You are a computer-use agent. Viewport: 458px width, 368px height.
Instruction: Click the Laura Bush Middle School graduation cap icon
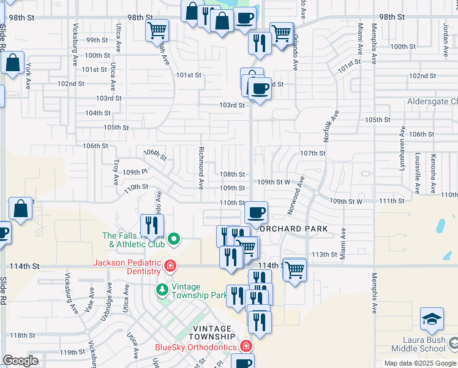pos(432,320)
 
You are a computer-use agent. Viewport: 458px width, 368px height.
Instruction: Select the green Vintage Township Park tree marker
pos(162,289)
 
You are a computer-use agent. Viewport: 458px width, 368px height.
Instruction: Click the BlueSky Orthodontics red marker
pos(246,347)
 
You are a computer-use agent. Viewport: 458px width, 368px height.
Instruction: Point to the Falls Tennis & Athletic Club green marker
pos(173,239)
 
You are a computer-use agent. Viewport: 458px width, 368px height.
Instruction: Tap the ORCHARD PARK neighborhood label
pos(293,229)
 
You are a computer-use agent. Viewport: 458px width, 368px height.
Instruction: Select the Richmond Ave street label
pos(200,167)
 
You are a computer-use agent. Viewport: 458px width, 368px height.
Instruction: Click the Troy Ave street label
pos(116,172)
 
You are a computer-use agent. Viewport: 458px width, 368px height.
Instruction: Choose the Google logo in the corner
pos(20,361)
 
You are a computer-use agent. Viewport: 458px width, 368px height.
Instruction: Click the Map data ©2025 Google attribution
pos(419,363)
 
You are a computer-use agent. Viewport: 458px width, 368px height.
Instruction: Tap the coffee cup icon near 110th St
pos(257,212)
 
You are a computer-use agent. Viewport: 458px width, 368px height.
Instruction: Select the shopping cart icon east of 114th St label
pos(295,268)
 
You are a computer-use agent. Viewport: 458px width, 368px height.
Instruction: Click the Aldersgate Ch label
pos(432,101)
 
